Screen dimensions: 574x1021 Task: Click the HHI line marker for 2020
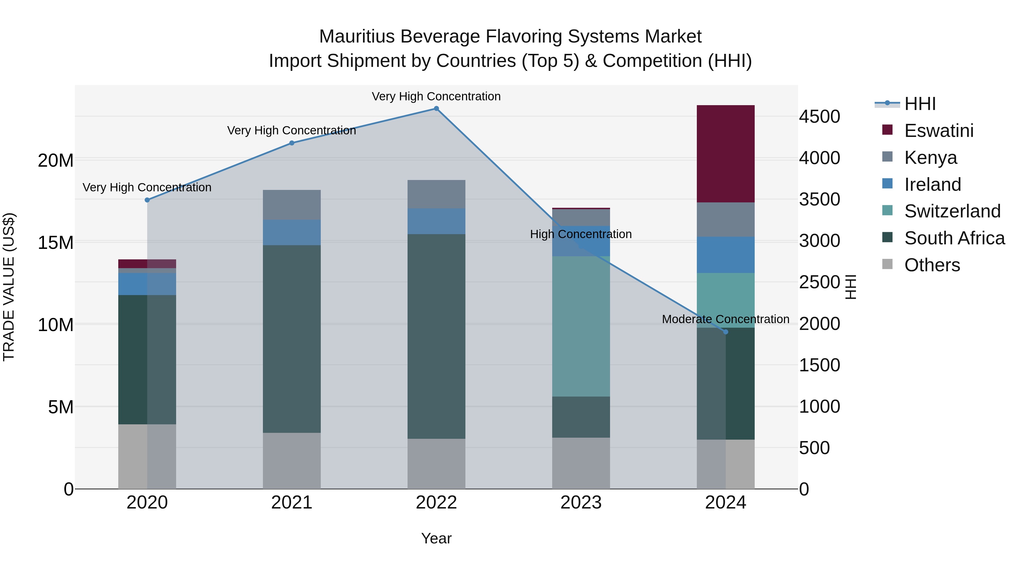pos(147,200)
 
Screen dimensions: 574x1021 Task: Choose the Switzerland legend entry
pos(952,211)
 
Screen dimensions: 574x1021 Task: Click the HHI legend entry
pos(919,104)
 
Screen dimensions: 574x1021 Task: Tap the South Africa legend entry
pos(954,238)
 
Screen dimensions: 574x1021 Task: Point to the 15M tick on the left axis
pos(56,242)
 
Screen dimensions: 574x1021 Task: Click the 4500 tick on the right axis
pos(819,117)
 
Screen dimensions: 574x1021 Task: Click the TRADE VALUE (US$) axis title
pos(9,287)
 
